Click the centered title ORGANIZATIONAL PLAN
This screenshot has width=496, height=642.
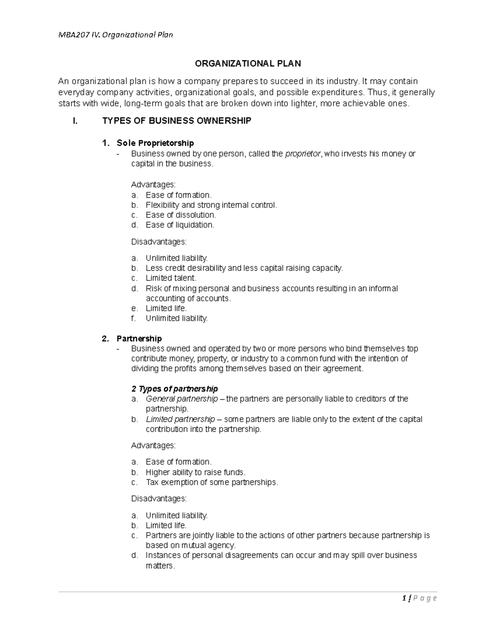248,64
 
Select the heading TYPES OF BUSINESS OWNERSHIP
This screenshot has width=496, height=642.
176,121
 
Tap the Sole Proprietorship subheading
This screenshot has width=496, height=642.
155,143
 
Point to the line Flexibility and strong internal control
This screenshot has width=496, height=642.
211,205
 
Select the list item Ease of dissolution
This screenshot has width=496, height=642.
181,215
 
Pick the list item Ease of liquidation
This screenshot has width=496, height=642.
180,225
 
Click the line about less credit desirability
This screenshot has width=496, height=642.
244,268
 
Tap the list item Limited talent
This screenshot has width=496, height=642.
171,278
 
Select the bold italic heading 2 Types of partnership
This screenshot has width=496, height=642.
174,389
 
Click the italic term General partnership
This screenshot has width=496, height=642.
182,399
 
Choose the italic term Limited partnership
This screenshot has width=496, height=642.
180,419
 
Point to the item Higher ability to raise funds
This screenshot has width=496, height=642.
196,472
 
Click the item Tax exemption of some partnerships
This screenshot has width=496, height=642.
212,482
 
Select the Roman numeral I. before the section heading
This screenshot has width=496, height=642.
75,121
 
